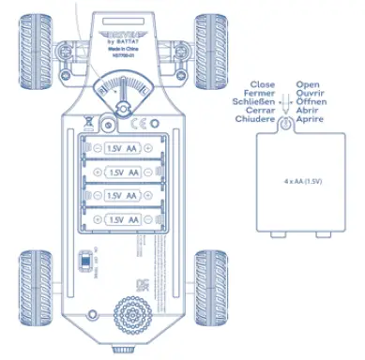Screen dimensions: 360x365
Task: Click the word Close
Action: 262,84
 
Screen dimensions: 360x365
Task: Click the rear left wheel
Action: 38,272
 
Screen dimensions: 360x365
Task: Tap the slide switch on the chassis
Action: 83,258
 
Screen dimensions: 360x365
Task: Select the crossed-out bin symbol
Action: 86,120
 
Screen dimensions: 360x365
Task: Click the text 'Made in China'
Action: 121,50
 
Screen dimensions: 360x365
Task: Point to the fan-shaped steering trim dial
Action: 121,90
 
